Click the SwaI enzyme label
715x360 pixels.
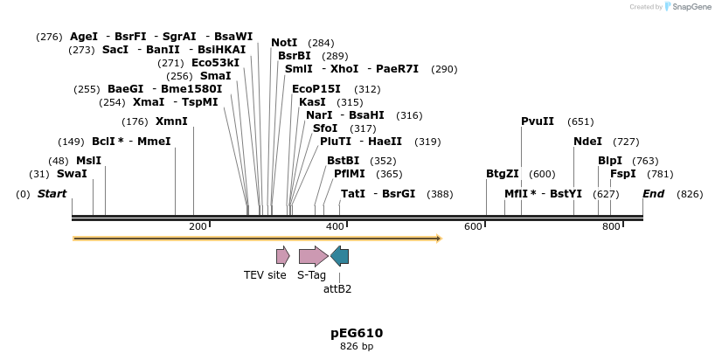click(72, 174)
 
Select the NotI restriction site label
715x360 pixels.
click(284, 43)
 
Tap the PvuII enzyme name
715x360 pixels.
click(538, 121)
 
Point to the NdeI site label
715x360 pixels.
click(587, 142)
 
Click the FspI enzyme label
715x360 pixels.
click(623, 174)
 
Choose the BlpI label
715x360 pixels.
click(610, 161)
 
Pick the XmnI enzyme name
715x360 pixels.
click(171, 121)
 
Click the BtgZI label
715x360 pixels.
click(503, 174)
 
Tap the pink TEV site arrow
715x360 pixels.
click(282, 256)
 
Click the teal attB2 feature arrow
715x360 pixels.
click(340, 256)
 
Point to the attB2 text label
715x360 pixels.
click(337, 289)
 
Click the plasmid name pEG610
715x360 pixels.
click(357, 333)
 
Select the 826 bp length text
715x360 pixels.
click(357, 347)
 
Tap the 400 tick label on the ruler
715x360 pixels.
click(335, 227)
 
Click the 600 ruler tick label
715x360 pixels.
click(473, 227)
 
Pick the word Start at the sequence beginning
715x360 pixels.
click(52, 194)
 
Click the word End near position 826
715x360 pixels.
click(653, 194)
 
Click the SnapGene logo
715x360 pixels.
click(688, 7)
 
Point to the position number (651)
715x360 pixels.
click(580, 121)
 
